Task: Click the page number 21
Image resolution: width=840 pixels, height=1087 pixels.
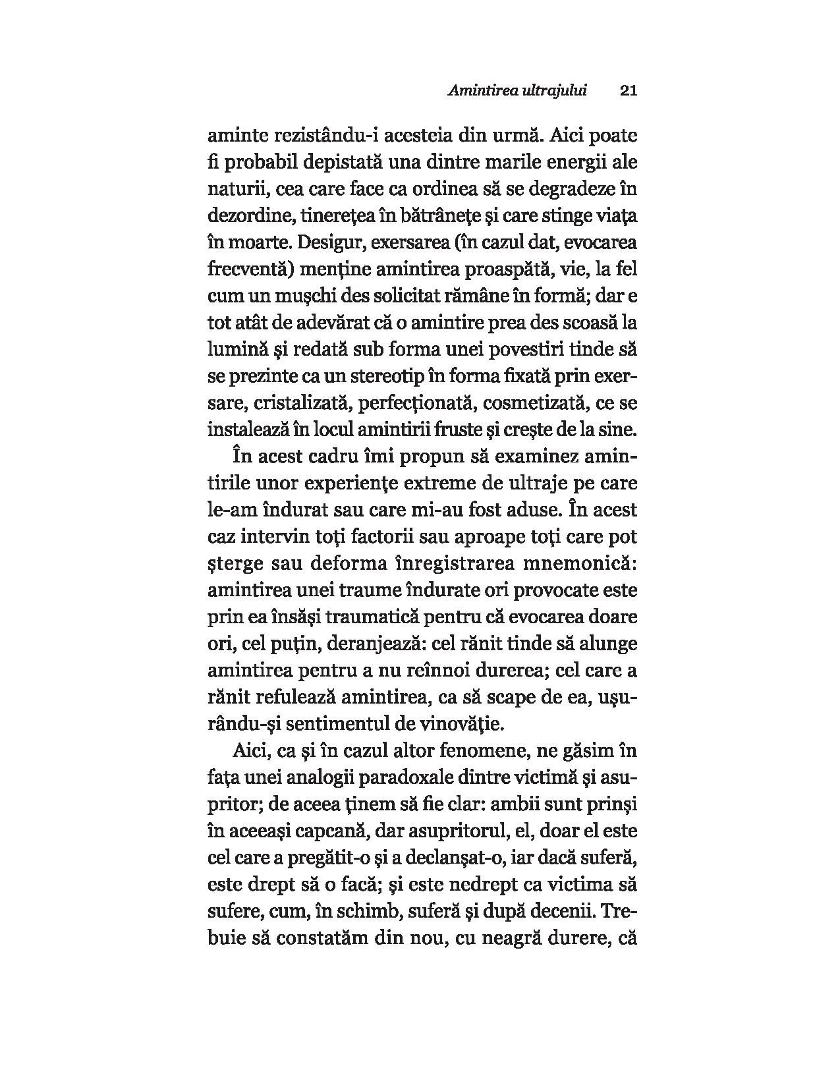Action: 628,90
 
